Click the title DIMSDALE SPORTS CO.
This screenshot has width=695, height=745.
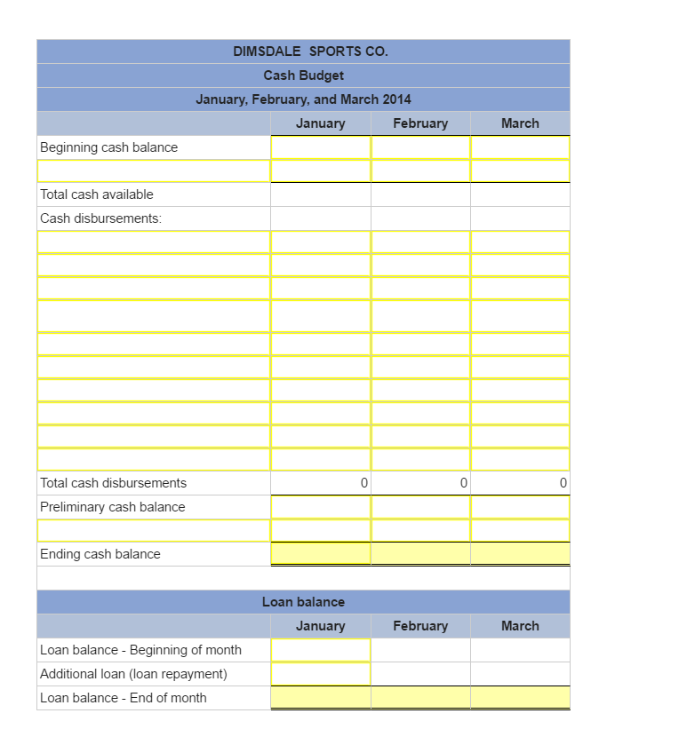tap(310, 52)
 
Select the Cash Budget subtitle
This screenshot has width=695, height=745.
tap(303, 75)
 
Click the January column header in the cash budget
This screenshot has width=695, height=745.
tap(320, 123)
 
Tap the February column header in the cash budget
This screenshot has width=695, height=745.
tap(420, 123)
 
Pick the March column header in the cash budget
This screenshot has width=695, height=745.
tap(520, 123)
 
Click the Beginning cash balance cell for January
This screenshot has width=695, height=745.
tap(321, 147)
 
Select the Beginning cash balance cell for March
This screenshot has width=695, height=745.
tap(520, 147)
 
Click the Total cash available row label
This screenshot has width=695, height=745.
tap(97, 194)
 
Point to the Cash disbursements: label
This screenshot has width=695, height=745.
tap(101, 218)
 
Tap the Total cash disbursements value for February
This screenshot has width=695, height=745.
tap(420, 483)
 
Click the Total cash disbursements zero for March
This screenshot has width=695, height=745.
tap(520, 483)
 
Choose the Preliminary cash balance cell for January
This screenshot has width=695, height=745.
tap(321, 507)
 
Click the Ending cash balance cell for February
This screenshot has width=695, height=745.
tap(420, 554)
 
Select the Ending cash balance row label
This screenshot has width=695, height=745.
tap(100, 554)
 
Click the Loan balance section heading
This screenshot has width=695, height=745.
tap(303, 602)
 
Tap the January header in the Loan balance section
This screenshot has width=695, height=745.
tap(320, 626)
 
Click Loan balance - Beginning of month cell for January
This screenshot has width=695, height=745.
tap(321, 650)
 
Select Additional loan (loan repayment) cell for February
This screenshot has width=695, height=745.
tap(420, 674)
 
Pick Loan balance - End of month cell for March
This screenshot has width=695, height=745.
tap(520, 698)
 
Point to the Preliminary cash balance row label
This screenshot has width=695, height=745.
tap(113, 507)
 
